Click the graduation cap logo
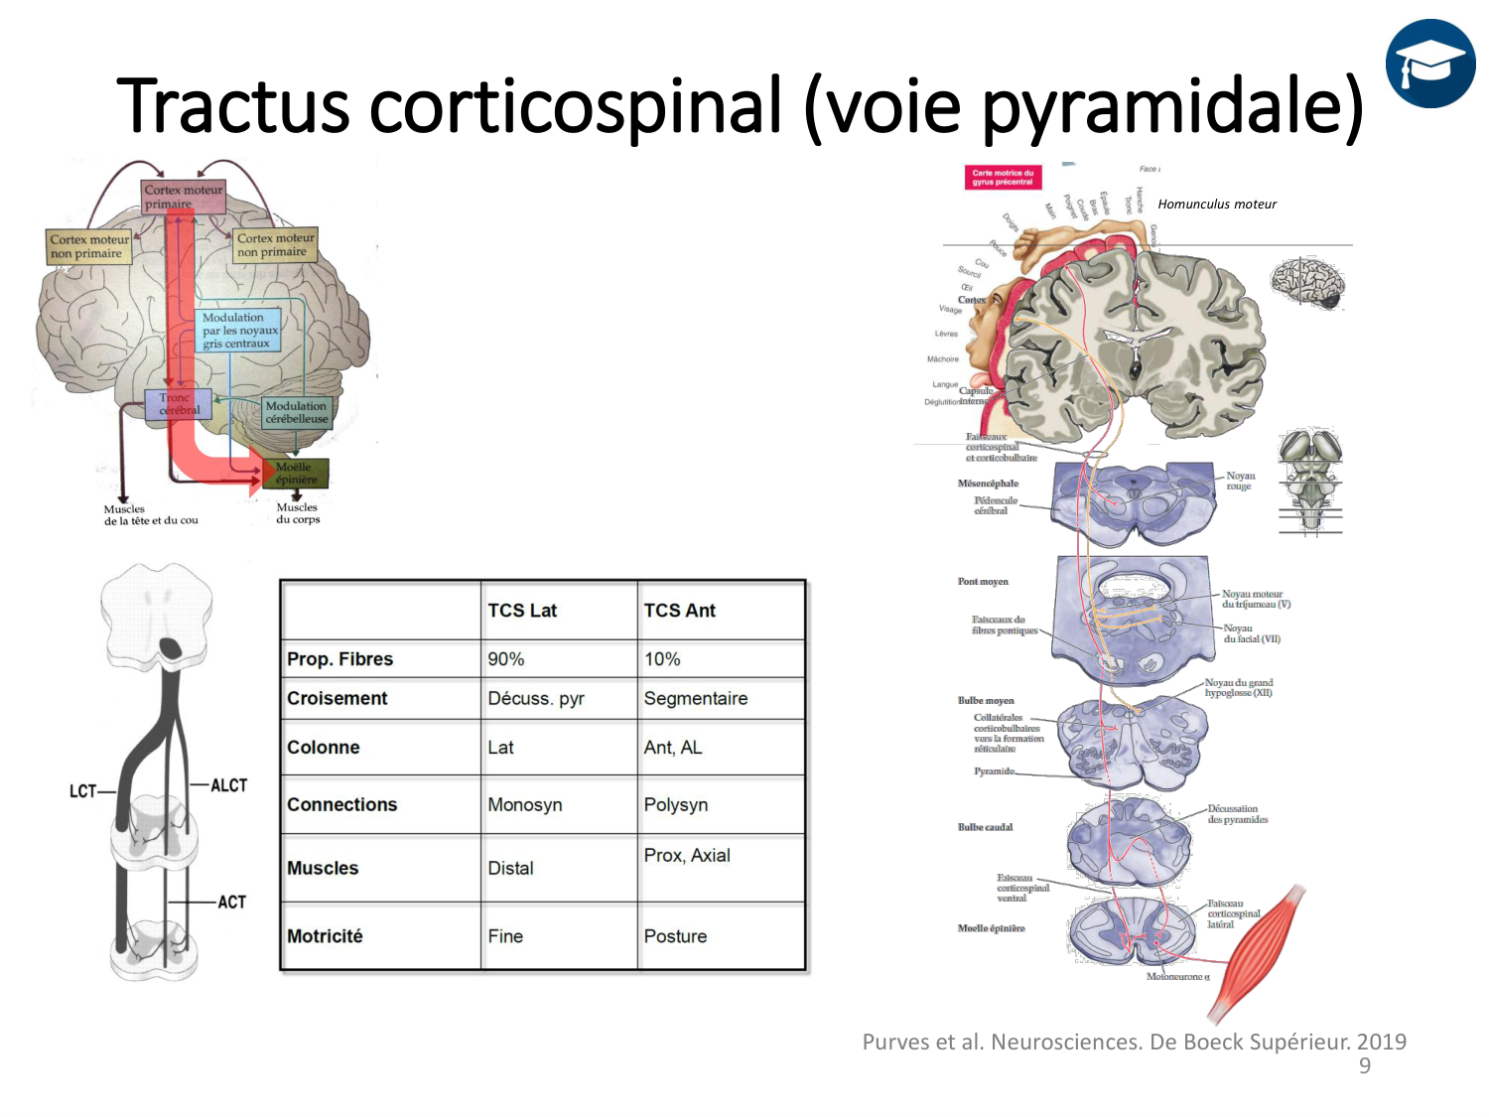1430,64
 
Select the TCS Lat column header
522,611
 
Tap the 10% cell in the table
662,659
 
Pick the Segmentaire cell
695,698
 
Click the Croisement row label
338,698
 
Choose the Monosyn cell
524,804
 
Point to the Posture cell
675,936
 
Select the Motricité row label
325,936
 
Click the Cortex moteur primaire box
184,197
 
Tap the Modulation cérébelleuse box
296,412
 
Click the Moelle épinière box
296,474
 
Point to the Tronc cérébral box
179,404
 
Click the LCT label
82,791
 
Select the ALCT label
228,785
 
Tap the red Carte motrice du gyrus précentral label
1003,178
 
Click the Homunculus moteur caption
1217,205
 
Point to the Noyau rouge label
1240,482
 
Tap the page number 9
1365,1066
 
